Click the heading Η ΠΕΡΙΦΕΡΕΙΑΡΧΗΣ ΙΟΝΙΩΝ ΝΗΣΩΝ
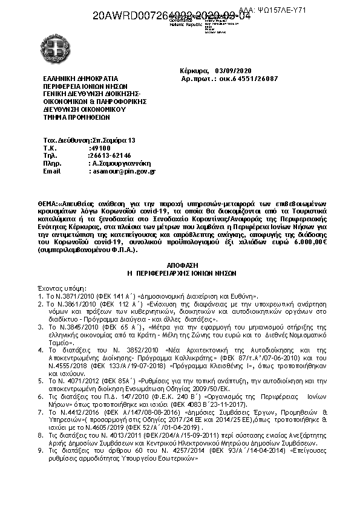(x=181, y=273)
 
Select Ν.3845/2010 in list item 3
(x=72, y=326)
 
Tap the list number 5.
(x=41, y=381)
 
